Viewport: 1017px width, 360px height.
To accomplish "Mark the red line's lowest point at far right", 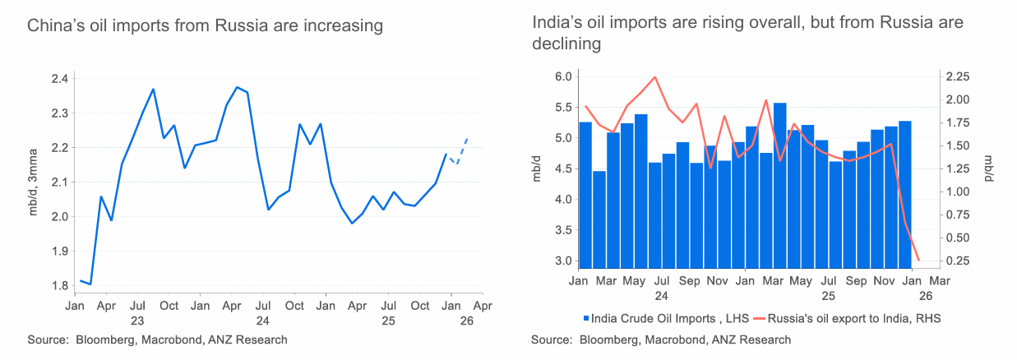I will pyautogui.click(x=918, y=261).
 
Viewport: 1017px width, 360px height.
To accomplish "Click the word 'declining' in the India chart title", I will pyautogui.click(x=566, y=44).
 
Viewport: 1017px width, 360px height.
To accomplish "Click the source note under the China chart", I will pyautogui.click(x=157, y=339).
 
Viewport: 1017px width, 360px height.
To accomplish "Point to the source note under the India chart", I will pyautogui.click(x=661, y=339).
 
